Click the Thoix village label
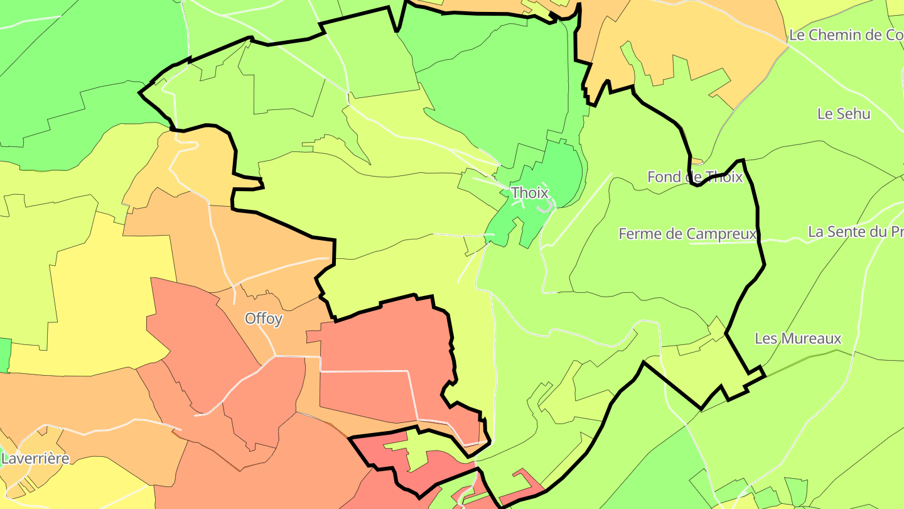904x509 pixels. pos(530,192)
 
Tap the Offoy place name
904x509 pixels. pos(264,319)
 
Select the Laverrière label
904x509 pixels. pos(35,458)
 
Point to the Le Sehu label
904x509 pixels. pos(844,114)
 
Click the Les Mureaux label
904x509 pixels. pos(797,339)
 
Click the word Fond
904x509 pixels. pos(664,177)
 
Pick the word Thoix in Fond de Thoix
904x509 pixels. pos(724,177)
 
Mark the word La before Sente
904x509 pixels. pos(815,232)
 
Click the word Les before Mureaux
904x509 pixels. pos(765,339)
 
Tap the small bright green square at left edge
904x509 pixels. pos(5,354)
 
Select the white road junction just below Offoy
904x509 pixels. pos(274,356)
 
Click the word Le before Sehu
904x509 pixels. pos(824,114)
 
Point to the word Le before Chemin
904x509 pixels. pos(797,35)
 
